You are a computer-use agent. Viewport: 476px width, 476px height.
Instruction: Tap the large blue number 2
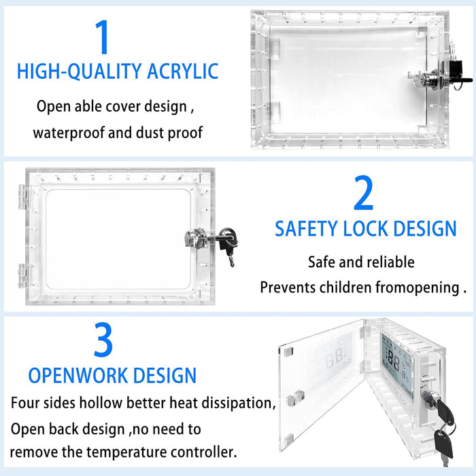pyautogui.click(x=363, y=192)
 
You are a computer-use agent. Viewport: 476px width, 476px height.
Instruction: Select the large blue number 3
pyautogui.click(x=103, y=339)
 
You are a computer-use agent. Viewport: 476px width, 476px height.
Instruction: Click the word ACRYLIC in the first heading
pyautogui.click(x=182, y=71)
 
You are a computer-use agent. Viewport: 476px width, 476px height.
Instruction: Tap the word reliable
pyautogui.click(x=391, y=262)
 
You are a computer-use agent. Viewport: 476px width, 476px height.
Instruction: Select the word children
pyautogui.click(x=345, y=287)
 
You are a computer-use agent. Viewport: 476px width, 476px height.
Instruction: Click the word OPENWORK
pyautogui.click(x=78, y=375)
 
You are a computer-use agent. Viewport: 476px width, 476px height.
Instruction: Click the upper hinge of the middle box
pyautogui.click(x=22, y=197)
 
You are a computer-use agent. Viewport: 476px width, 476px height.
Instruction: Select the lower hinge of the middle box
pyautogui.click(x=22, y=275)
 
